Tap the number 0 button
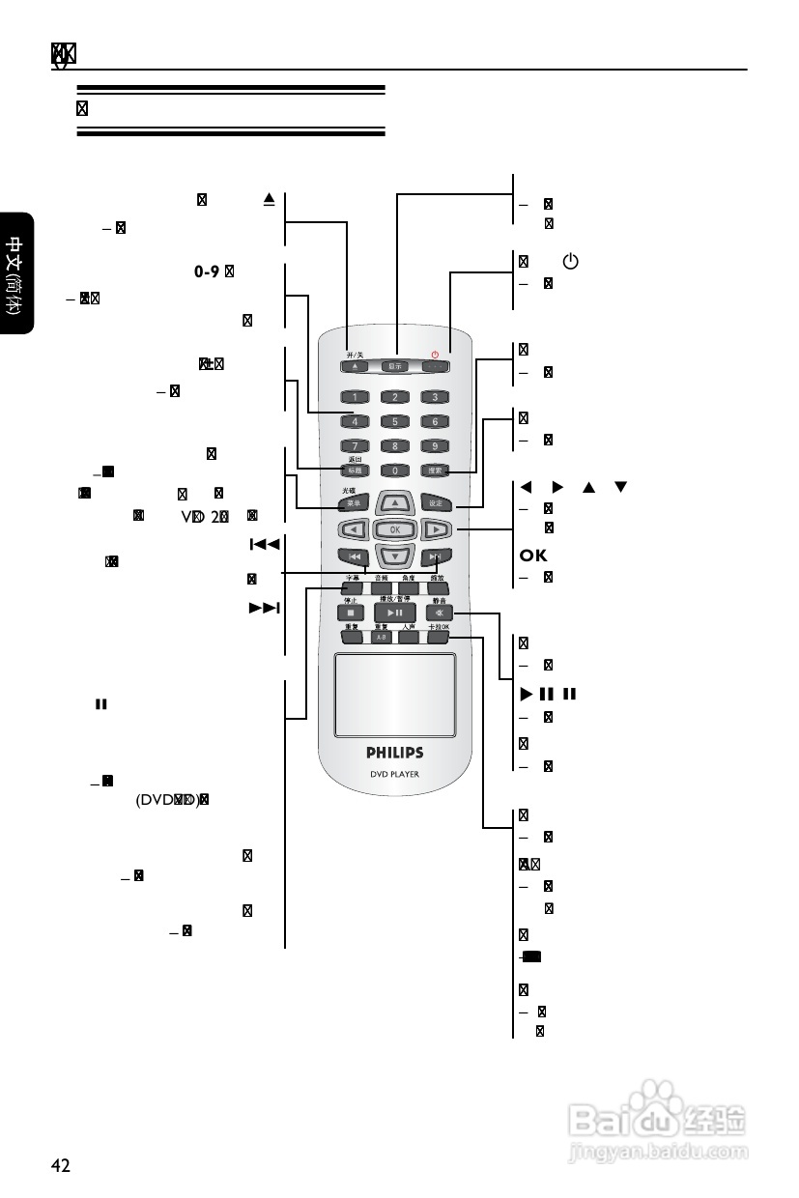click(x=395, y=471)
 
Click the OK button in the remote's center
click(x=395, y=529)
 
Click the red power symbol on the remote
click(x=435, y=355)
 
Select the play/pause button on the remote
click(x=395, y=613)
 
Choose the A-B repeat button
click(x=381, y=639)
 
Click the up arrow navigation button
click(x=395, y=503)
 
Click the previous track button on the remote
click(x=354, y=557)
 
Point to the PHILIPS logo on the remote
click(x=394, y=752)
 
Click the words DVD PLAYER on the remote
click(x=394, y=774)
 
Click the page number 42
click(x=61, y=1165)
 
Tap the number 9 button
click(x=435, y=446)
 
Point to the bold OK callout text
click(x=533, y=556)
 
